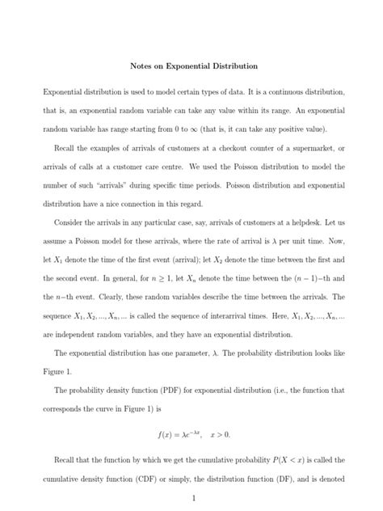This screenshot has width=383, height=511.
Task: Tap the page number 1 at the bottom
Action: (191, 498)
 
